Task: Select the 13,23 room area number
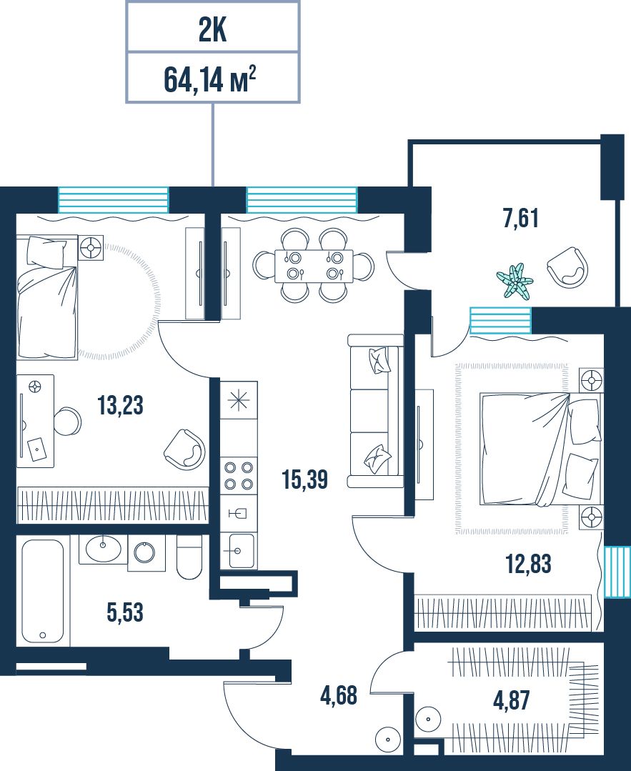pos(121,406)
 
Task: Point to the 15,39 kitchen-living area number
pos(305,479)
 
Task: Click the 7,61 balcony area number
pos(521,218)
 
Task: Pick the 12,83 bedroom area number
pos(529,564)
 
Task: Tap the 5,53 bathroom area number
pos(125,612)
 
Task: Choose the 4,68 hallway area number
pos(339,696)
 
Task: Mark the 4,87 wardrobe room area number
pos(512,700)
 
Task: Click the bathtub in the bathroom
pos(43,590)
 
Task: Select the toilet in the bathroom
pos(189,557)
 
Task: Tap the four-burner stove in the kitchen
pos(239,475)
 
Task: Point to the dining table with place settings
pos(314,266)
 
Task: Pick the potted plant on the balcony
pos(515,281)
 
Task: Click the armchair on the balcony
pos(567,267)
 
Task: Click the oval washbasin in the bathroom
pos(103,549)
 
